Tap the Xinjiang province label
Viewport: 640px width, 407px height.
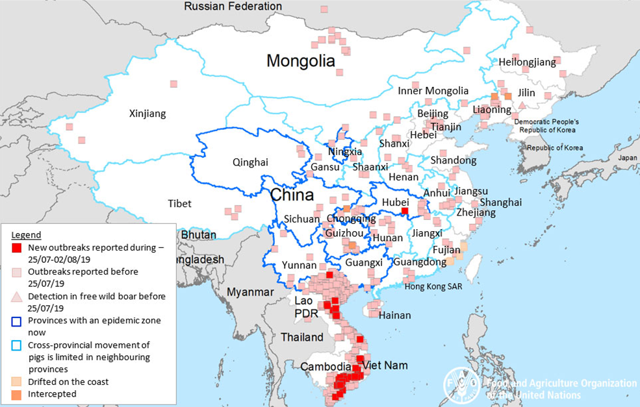coord(147,114)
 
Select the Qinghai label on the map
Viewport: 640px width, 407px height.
coord(250,163)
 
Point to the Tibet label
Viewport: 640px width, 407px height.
coord(179,204)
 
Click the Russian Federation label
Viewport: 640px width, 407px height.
coord(233,6)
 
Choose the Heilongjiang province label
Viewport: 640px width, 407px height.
coord(528,62)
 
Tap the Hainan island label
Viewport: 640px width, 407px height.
coord(394,315)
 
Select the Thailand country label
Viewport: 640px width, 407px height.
coord(302,338)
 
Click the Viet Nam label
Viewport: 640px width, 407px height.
coord(386,365)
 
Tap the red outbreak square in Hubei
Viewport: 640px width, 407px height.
coord(405,211)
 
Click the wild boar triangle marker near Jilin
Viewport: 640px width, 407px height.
coord(522,105)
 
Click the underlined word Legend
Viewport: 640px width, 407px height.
coord(27,235)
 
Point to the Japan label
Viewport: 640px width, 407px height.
coord(628,158)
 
